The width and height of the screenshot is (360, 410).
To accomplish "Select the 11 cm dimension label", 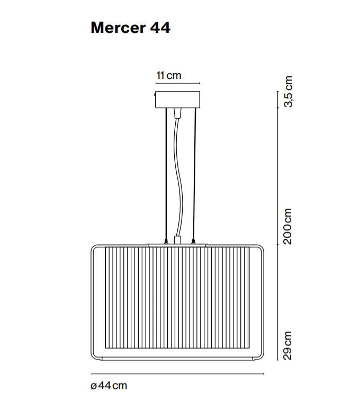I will [x=168, y=75].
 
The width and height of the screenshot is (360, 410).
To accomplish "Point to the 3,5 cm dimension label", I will [x=288, y=92].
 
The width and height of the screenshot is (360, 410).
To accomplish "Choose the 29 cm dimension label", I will [x=288, y=345].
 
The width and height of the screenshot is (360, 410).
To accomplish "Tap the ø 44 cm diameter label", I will [x=109, y=386].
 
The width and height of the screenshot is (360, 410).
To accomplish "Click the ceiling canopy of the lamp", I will [x=177, y=99].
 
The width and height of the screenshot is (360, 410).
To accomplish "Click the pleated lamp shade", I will [x=177, y=297].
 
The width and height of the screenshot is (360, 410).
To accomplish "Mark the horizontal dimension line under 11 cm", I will [x=177, y=83].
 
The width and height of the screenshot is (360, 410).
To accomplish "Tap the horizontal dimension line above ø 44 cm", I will [x=177, y=373].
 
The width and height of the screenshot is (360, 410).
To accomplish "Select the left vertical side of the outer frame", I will [x=93, y=302].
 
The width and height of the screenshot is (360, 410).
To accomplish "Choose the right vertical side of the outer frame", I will [x=263, y=302].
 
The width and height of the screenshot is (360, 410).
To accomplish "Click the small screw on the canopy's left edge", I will [x=155, y=95].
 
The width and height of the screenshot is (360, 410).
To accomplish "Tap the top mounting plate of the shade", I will [x=177, y=245].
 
